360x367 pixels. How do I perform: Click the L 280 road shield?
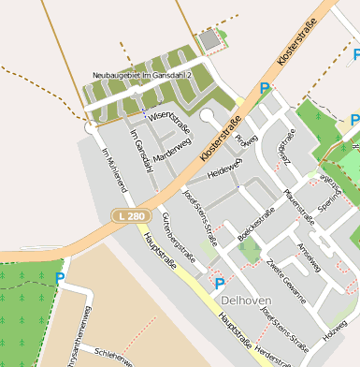(131, 216)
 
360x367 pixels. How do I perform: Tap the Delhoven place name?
(247, 300)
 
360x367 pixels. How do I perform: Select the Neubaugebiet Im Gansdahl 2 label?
(142, 75)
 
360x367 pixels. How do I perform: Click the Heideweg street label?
(225, 168)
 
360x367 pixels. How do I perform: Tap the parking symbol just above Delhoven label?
(220, 283)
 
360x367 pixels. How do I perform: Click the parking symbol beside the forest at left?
(60, 278)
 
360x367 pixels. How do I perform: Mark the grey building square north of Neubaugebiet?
(214, 40)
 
